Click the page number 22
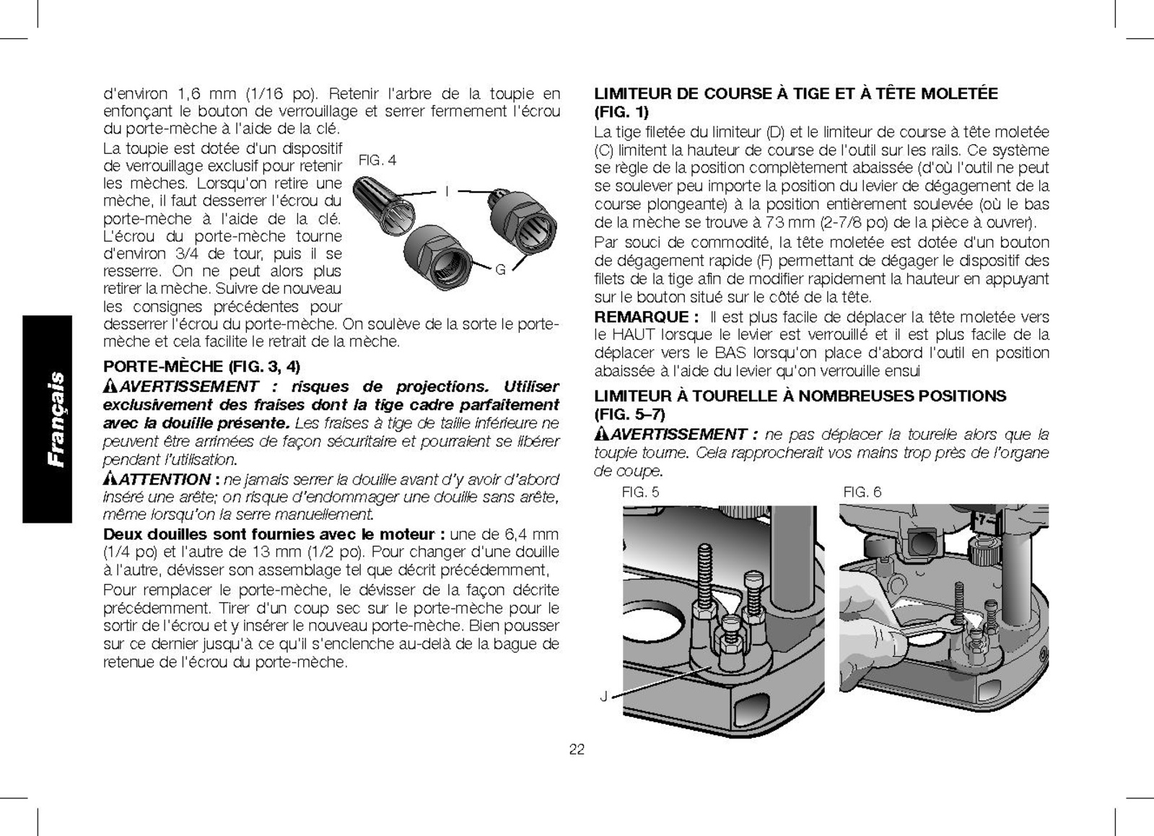click(577, 749)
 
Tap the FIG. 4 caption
click(377, 160)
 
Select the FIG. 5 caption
click(640, 492)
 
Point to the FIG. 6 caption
click(862, 492)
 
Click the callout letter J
click(603, 696)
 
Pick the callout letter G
click(500, 269)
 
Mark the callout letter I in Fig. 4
click(447, 191)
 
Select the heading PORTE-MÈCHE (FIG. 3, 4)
click(202, 366)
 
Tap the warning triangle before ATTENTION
click(110, 479)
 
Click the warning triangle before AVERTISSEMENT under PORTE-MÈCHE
click(110, 386)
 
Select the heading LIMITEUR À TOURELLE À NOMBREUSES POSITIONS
click(800, 396)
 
